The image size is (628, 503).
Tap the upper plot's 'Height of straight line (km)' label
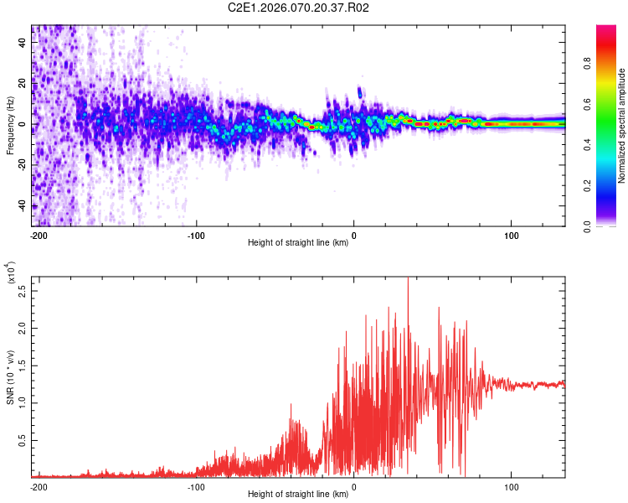click(298, 243)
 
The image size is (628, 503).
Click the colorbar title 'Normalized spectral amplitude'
click(621, 126)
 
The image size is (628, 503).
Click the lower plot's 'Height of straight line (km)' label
click(298, 495)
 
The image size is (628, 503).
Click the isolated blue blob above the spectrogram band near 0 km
click(360, 91)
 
